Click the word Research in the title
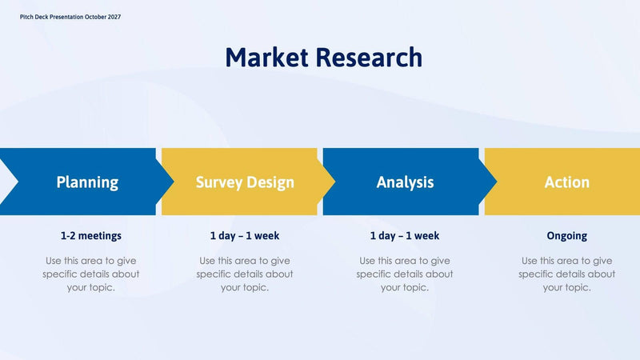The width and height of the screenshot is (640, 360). (368, 58)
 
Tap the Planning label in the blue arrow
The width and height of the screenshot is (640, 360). (87, 182)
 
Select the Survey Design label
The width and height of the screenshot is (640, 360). (245, 182)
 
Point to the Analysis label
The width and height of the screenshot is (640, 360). (405, 182)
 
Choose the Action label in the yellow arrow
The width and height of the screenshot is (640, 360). (566, 182)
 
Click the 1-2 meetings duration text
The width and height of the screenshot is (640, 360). (90, 236)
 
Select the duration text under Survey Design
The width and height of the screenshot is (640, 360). (245, 236)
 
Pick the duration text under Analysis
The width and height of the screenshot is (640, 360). (405, 236)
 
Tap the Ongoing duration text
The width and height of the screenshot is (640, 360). (566, 236)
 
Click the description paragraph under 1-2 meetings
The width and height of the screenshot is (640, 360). (90, 274)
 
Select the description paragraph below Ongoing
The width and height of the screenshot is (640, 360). (566, 274)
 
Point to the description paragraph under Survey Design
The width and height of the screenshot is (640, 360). (245, 274)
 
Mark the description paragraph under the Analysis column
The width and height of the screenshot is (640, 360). (405, 274)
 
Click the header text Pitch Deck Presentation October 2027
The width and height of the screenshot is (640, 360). (70, 17)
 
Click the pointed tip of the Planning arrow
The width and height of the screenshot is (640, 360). (172, 182)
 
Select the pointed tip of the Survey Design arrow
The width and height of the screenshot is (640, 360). (334, 182)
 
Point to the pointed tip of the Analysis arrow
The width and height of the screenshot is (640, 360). (495, 182)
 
